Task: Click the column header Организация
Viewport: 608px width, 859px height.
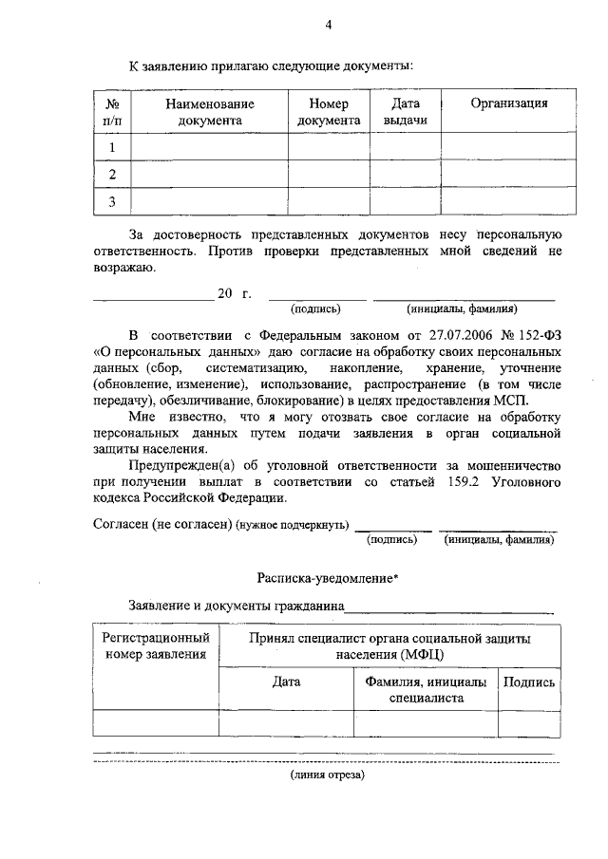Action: pyautogui.click(x=509, y=103)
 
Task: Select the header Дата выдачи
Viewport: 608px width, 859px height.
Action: pyautogui.click(x=406, y=112)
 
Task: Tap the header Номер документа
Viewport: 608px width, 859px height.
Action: pyautogui.click(x=329, y=112)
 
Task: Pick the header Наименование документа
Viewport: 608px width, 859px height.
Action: pyautogui.click(x=210, y=112)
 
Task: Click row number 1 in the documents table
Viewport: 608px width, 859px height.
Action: pyautogui.click(x=112, y=148)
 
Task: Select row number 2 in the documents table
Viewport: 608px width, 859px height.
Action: pyautogui.click(x=112, y=175)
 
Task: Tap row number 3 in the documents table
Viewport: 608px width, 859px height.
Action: pyautogui.click(x=112, y=202)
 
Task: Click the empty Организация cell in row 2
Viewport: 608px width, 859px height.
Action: pyautogui.click(x=509, y=175)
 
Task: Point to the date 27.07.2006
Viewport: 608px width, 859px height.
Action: pyautogui.click(x=462, y=334)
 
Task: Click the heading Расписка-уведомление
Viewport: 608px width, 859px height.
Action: pyautogui.click(x=327, y=578)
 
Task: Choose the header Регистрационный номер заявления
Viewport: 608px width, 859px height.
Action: pyautogui.click(x=156, y=646)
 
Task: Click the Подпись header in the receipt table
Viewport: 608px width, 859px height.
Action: pyautogui.click(x=529, y=682)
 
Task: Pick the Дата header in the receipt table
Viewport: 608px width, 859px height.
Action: pyautogui.click(x=286, y=682)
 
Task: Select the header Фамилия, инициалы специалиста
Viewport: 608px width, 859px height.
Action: pyautogui.click(x=426, y=689)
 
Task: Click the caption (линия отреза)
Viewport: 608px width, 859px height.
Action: pyautogui.click(x=327, y=775)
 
